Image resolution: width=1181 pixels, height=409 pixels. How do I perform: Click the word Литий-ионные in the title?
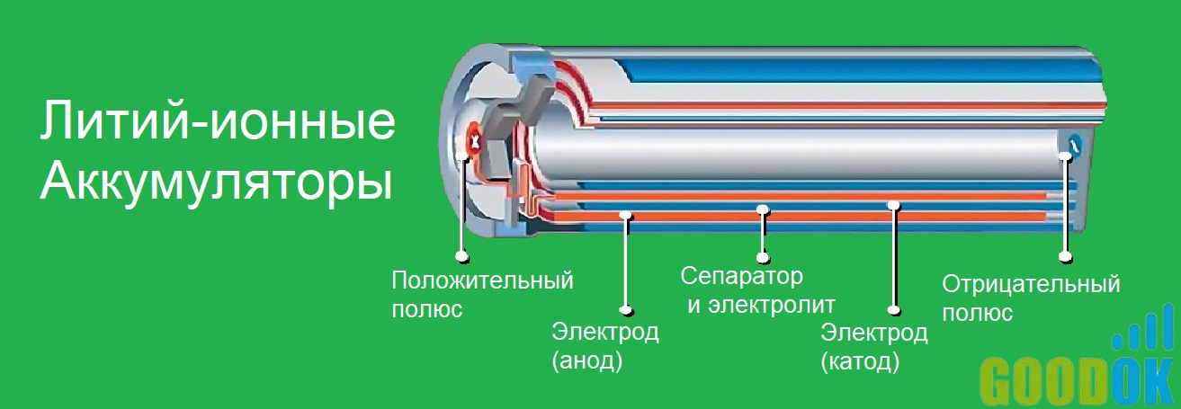point(216,124)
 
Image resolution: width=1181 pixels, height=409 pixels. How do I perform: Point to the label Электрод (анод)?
point(604,346)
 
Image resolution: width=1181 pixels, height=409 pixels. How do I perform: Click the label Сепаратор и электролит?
point(757,289)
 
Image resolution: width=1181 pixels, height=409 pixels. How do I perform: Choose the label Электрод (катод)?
point(873,347)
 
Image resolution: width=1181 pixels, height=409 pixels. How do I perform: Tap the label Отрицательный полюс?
point(1030,298)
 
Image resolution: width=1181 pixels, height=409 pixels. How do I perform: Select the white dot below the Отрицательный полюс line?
point(1066,257)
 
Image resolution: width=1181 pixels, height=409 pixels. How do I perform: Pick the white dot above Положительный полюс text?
point(461,257)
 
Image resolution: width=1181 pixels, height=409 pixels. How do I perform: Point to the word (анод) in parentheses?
point(587,362)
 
